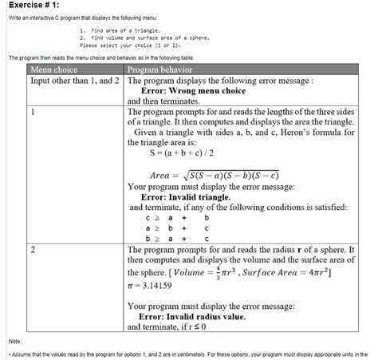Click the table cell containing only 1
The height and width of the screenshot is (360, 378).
point(33,112)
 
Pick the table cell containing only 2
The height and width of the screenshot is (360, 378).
point(33,250)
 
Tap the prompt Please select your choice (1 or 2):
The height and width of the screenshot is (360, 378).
point(134,45)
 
